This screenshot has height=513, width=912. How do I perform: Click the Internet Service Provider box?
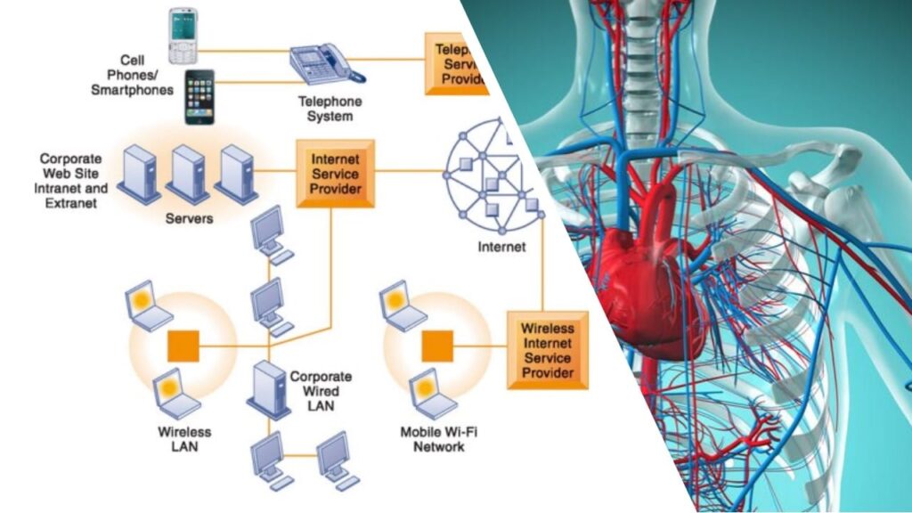336,171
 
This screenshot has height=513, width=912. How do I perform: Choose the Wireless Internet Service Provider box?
547,349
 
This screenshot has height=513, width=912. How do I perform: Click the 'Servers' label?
189,217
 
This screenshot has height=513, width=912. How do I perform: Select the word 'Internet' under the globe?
501,247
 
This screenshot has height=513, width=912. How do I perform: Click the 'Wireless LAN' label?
183,439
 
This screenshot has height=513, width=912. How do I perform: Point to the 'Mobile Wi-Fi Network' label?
438,439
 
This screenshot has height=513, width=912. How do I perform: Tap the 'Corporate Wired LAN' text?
321,391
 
